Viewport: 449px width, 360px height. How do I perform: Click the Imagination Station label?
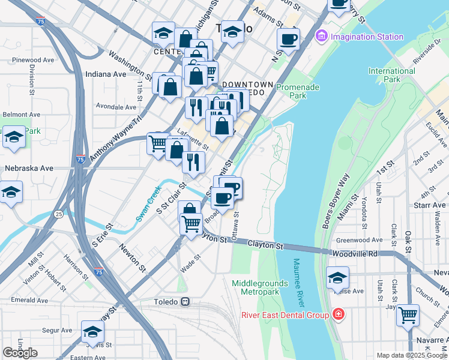pos(366,37)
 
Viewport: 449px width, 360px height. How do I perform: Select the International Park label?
pos(391,75)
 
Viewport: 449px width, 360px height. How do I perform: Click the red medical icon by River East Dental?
pos(339,315)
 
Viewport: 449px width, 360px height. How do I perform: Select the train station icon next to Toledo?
pos(187,302)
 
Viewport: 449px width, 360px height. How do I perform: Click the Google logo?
pos(20,353)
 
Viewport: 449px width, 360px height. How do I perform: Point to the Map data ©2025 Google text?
pos(412,355)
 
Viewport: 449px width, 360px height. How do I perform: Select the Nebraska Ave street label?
pos(29,169)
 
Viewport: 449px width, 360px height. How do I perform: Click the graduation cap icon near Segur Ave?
pos(92,332)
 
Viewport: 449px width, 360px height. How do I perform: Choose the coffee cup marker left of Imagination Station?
pos(288,40)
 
